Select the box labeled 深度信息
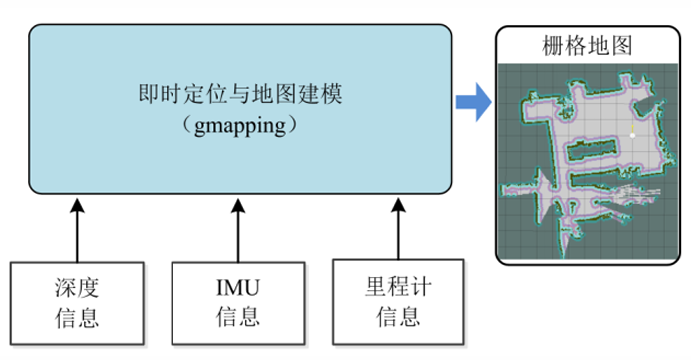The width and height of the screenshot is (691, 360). point(77,305)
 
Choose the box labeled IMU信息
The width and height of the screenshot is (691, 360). point(238,305)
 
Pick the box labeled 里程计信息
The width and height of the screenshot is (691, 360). point(398,305)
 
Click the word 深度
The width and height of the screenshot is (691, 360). point(77,291)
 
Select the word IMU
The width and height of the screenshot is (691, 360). point(238,291)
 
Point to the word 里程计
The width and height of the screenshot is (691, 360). point(398,291)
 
